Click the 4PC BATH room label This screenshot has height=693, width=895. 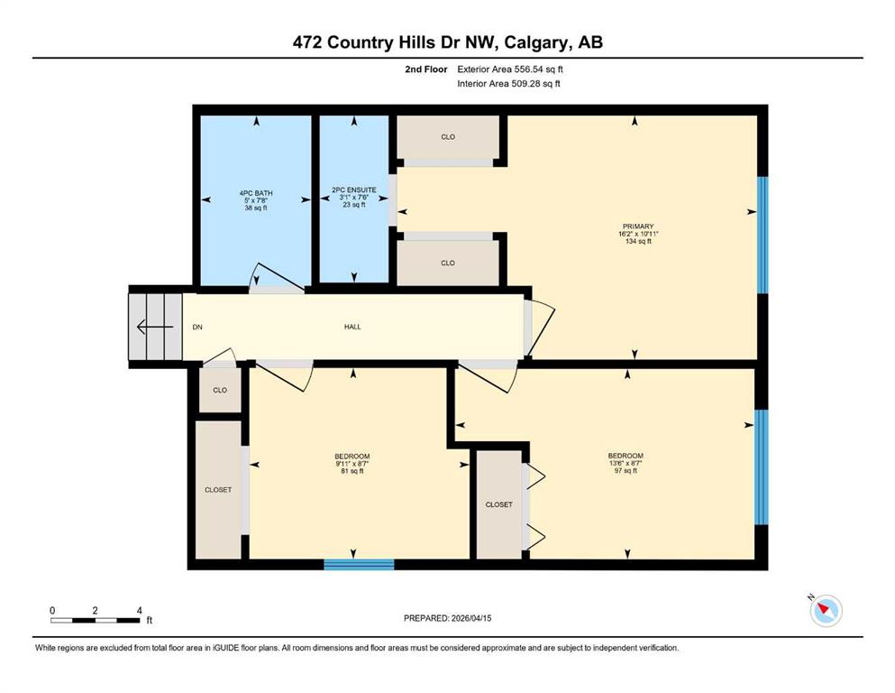click(256, 193)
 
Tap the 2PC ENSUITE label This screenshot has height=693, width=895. click(354, 189)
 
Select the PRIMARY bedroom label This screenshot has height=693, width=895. click(637, 226)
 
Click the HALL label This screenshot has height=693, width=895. click(352, 327)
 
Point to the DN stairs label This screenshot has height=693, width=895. click(197, 327)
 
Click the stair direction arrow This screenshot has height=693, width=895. click(155, 328)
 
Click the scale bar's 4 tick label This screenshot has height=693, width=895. click(140, 610)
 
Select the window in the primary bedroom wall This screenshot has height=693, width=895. click(763, 235)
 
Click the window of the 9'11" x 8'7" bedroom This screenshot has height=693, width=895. click(359, 565)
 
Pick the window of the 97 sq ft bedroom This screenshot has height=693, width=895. click(762, 467)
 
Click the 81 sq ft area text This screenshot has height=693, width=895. click(352, 471)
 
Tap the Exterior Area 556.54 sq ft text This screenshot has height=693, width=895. click(510, 69)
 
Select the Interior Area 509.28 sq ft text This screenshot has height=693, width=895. click(508, 83)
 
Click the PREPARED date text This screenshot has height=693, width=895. click(447, 618)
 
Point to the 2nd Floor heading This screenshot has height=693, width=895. click(425, 69)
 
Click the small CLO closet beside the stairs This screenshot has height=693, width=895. click(220, 390)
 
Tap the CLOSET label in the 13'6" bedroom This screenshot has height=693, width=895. click(498, 504)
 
